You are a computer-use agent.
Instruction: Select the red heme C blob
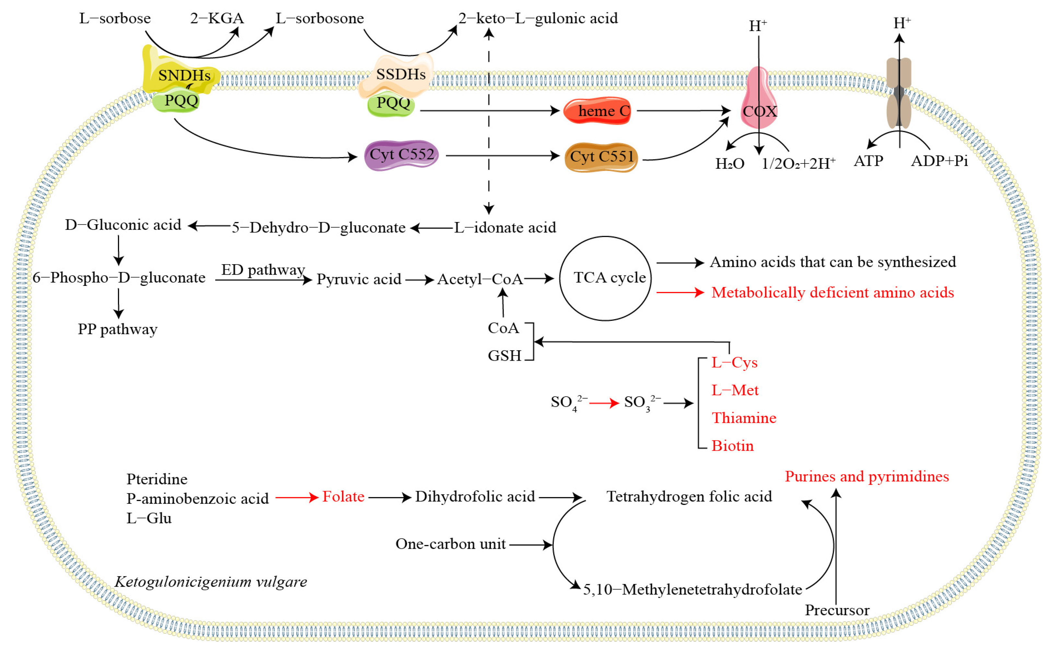[598, 111]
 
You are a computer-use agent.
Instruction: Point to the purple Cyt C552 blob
[402, 155]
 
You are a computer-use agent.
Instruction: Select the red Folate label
[344, 497]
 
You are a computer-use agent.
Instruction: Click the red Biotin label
[732, 446]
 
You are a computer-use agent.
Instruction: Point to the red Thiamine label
[744, 418]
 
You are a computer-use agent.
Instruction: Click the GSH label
[504, 356]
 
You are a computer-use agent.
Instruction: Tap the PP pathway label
[118, 330]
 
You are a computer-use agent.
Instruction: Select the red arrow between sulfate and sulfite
[604, 403]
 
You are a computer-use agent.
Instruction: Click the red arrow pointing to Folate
[297, 498]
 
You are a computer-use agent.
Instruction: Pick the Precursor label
[837, 610]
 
